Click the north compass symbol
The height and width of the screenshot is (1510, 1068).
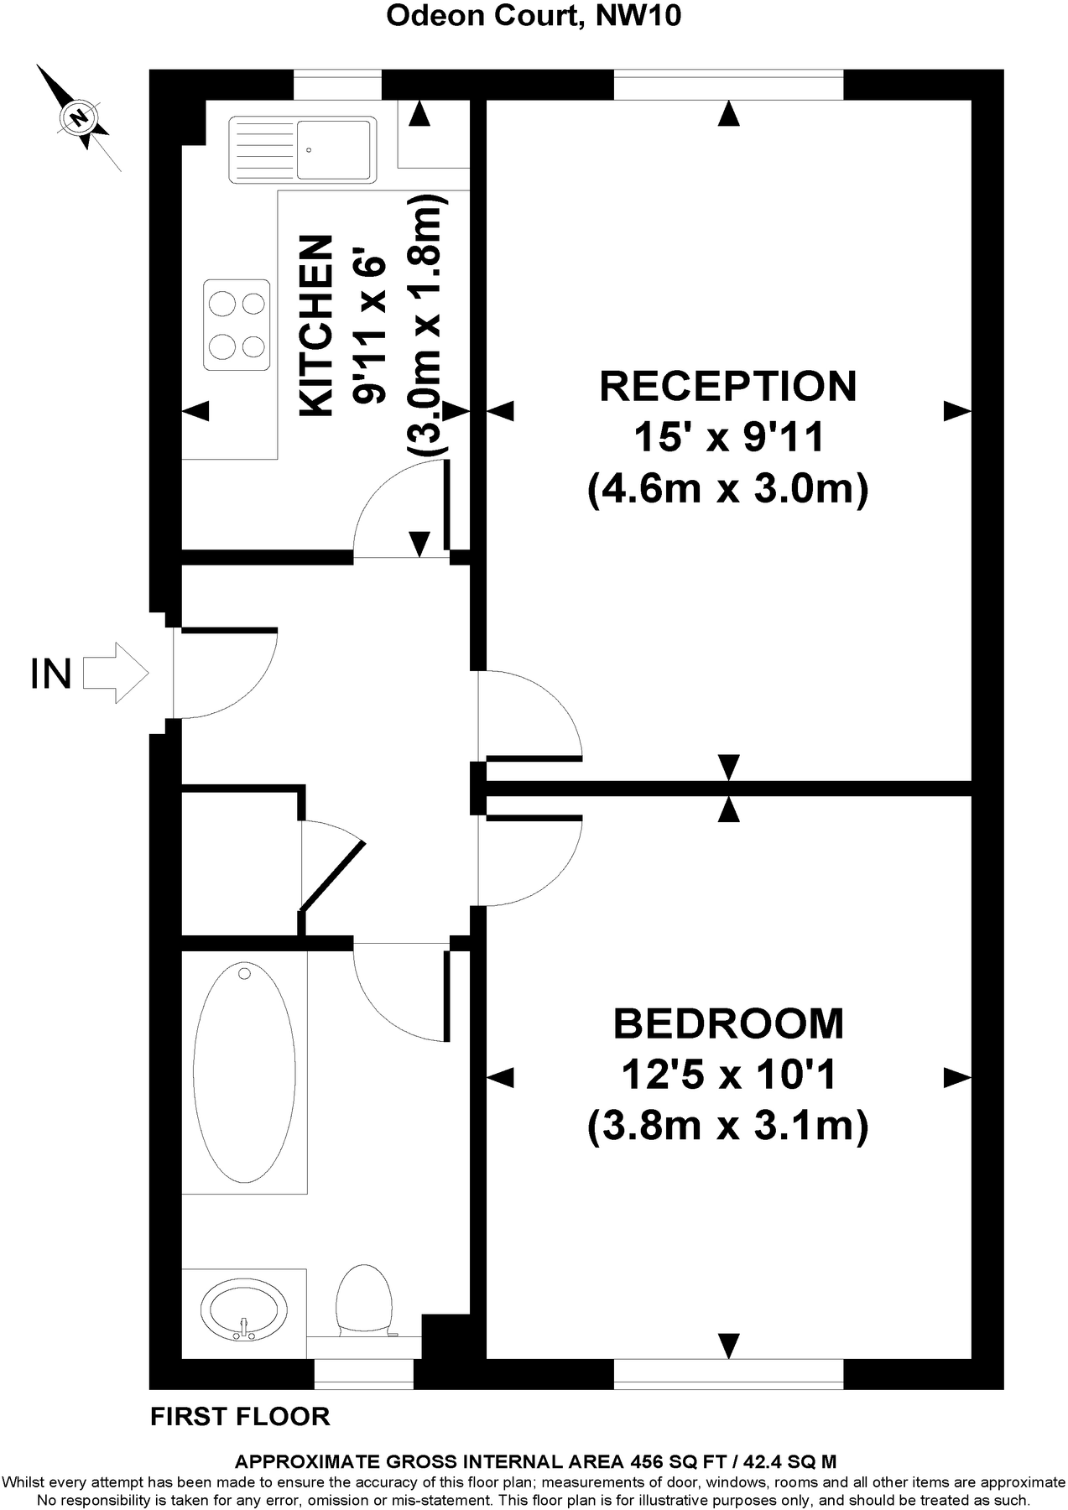tap(80, 117)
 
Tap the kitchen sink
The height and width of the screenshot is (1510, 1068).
tap(301, 149)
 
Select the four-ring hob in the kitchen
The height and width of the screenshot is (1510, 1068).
tap(237, 325)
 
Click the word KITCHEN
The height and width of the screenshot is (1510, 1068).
tap(315, 325)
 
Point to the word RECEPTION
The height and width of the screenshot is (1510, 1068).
tap(728, 387)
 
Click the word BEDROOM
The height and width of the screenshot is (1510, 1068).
tap(728, 1024)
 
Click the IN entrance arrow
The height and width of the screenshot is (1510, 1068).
tap(116, 673)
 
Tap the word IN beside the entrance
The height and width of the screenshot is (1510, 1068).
tap(50, 674)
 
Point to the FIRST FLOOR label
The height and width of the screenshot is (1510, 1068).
tap(240, 1417)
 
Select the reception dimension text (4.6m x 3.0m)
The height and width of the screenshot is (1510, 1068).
tap(728, 488)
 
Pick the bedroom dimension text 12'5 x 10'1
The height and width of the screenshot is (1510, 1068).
tap(728, 1075)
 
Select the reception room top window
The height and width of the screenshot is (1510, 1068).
tap(728, 85)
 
